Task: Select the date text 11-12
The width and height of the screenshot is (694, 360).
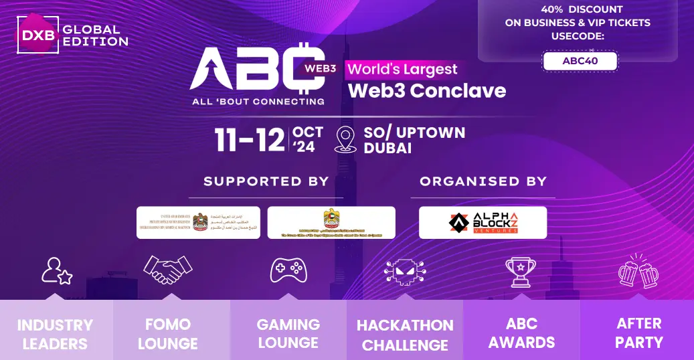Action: [x=250, y=139]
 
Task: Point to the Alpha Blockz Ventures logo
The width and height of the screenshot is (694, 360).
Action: [x=483, y=222]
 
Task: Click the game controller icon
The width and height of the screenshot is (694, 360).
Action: [x=288, y=270]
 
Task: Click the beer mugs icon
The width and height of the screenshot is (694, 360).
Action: [x=638, y=270]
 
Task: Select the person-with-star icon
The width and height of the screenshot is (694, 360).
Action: [x=56, y=270]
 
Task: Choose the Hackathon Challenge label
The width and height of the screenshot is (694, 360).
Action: [x=405, y=335]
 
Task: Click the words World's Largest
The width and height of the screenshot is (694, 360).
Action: [x=403, y=69]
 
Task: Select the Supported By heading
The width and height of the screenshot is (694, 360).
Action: [x=266, y=181]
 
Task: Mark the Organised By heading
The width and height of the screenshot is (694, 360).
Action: [x=483, y=181]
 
